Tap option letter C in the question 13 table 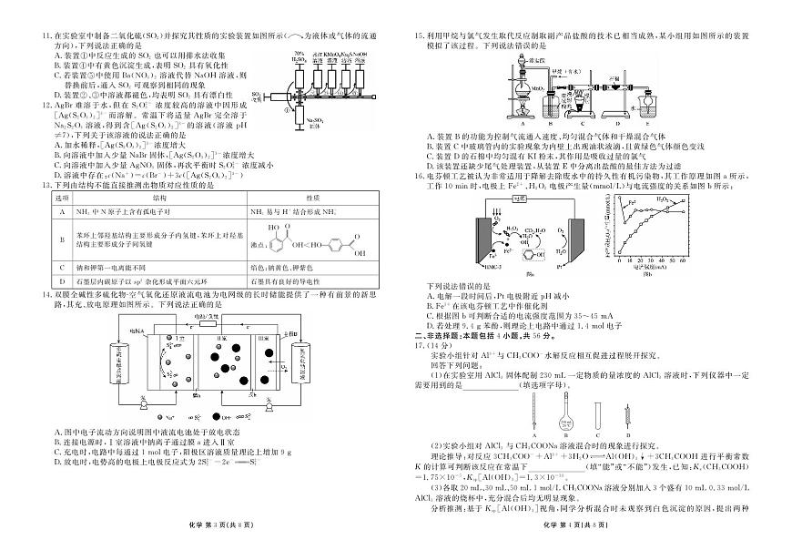click(62, 268)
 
